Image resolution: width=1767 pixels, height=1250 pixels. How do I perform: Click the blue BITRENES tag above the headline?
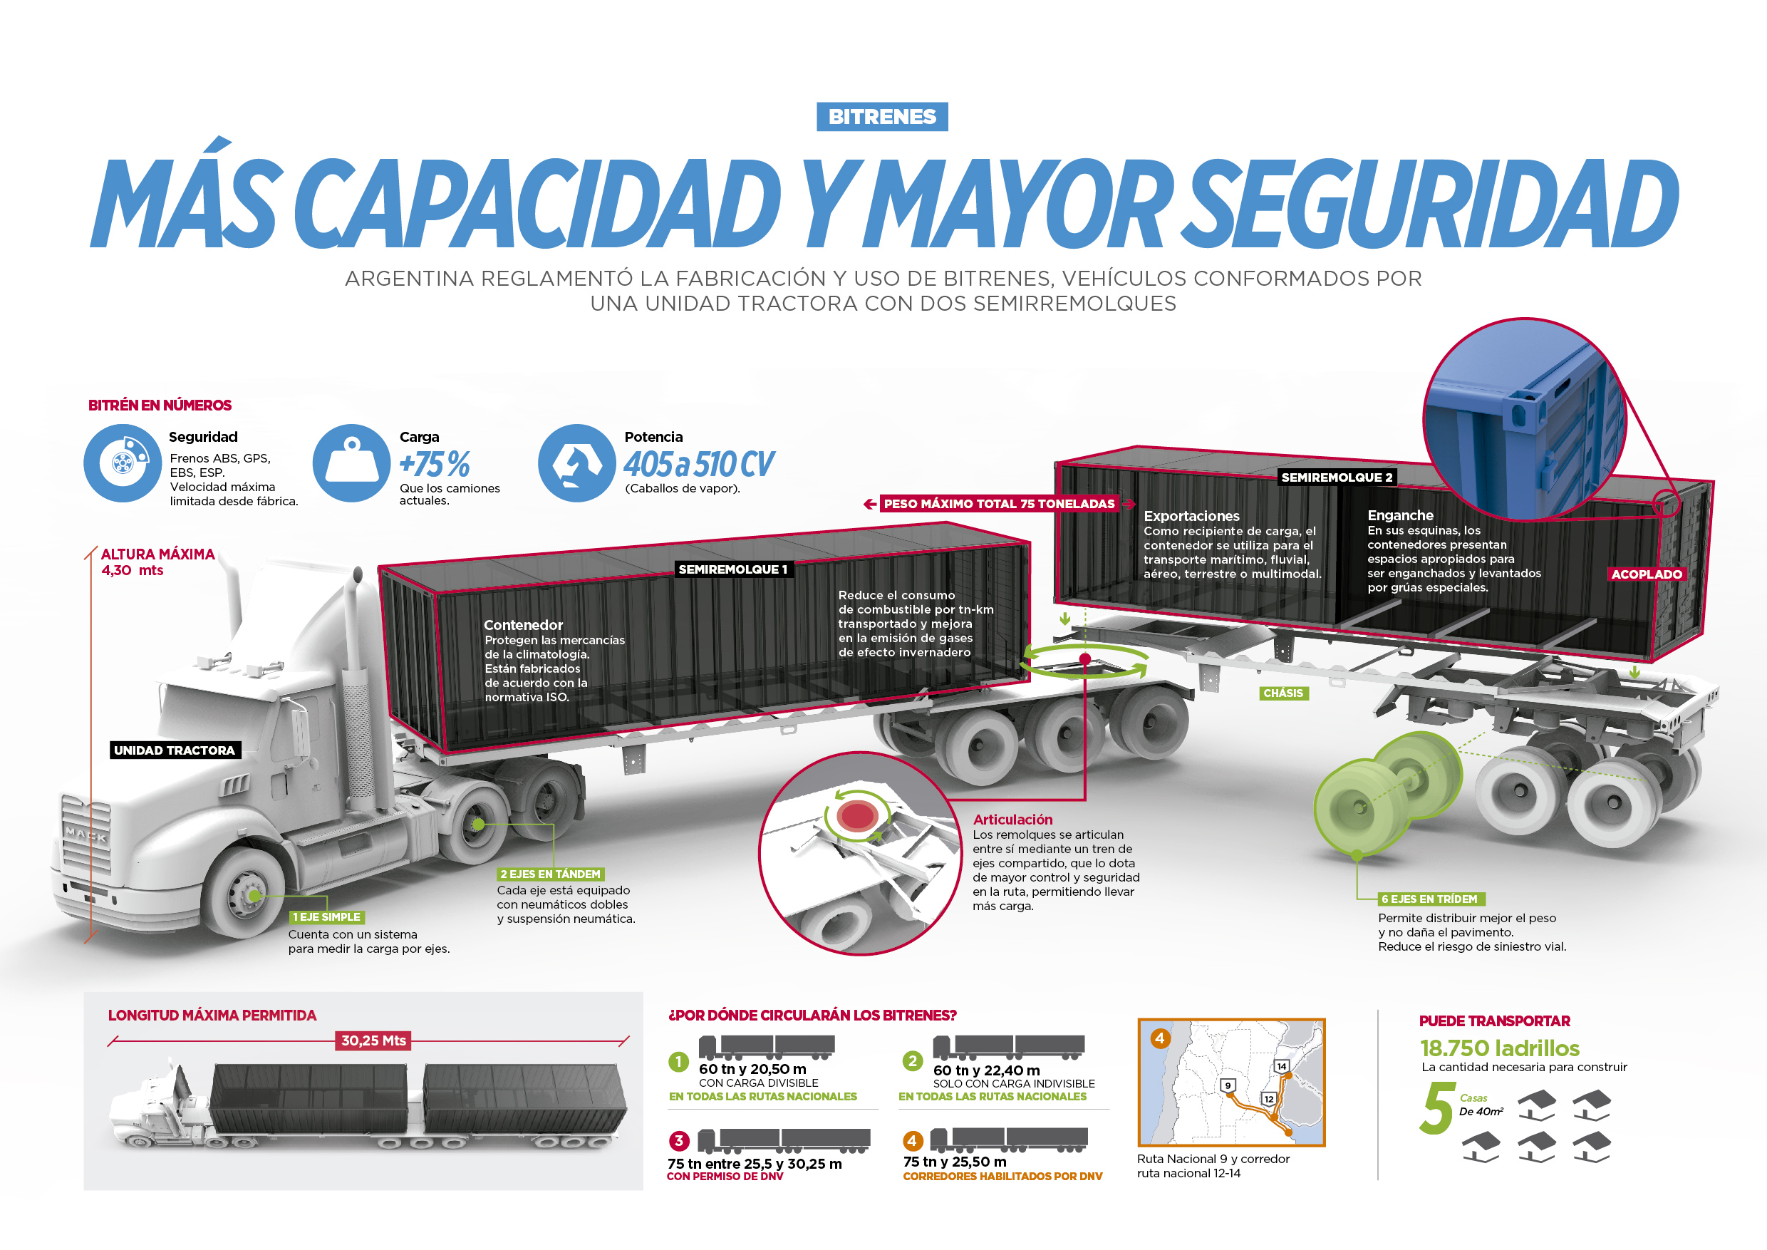coord(882,116)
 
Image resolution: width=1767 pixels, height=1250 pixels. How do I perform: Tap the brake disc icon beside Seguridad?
coord(123,463)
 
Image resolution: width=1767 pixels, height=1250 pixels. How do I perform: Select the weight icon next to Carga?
coord(352,463)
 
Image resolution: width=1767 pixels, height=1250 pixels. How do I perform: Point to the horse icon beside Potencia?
coord(577,463)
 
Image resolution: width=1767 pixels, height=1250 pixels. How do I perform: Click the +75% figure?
coord(435,464)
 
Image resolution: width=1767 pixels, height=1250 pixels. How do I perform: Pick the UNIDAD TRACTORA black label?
coord(174,750)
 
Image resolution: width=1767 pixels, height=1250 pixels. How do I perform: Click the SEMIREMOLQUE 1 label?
coord(732,569)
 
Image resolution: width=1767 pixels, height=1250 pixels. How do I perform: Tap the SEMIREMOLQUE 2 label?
coord(1337,477)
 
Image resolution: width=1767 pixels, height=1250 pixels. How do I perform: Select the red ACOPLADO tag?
coord(1646,574)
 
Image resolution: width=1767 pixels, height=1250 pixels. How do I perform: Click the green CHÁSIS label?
coord(1284,693)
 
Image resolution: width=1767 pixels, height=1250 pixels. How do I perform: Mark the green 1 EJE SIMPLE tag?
coord(327,916)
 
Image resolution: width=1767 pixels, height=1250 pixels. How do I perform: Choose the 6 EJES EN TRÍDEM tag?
coord(1431,899)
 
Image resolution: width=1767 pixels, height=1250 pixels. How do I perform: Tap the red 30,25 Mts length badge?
coord(373,1040)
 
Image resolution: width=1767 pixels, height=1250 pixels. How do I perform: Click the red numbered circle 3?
coord(678,1141)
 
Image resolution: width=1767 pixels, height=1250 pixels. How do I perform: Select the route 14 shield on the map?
coord(1281,1066)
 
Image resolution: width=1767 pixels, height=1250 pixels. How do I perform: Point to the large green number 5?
coord(1438,1108)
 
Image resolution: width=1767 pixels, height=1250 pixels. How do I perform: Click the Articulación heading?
coord(1012,820)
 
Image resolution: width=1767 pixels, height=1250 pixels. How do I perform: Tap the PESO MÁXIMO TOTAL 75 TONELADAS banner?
coord(999,504)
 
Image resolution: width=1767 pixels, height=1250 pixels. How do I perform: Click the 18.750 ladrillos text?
coord(1499,1048)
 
